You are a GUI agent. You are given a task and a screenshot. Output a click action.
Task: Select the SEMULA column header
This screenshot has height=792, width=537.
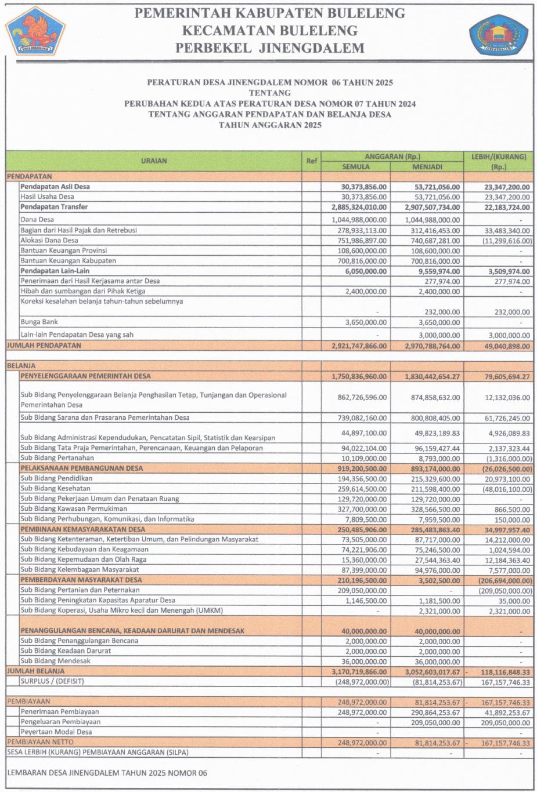tap(355, 167)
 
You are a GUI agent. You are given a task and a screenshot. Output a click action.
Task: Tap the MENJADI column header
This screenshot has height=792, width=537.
tap(427, 167)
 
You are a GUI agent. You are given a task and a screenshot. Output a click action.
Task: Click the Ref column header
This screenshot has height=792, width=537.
tap(312, 161)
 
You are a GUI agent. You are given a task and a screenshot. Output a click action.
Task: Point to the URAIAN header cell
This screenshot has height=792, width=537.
tap(154, 161)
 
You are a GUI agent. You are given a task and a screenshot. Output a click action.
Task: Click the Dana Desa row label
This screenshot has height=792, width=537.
tap(37, 220)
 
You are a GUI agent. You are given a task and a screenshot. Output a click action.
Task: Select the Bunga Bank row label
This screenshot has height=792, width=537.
tap(39, 322)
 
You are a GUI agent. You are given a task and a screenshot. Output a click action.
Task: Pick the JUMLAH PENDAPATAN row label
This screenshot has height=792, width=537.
tap(44, 346)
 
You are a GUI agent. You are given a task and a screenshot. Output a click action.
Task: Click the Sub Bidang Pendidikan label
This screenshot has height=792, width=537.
tap(56, 479)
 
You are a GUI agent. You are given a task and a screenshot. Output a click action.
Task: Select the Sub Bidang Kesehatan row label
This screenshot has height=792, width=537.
tap(55, 489)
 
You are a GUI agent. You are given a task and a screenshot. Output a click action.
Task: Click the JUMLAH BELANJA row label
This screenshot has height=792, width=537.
tap(35, 671)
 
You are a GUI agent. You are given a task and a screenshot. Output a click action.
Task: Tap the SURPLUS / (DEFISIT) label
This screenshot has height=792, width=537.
tap(52, 681)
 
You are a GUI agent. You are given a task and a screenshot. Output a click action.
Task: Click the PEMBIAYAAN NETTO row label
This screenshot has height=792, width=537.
tap(40, 742)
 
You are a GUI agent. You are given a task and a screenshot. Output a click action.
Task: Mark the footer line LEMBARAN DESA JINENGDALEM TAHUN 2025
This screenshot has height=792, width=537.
tap(107, 773)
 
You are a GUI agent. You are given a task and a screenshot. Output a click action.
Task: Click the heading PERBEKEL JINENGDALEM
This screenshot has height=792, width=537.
tap(270, 48)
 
